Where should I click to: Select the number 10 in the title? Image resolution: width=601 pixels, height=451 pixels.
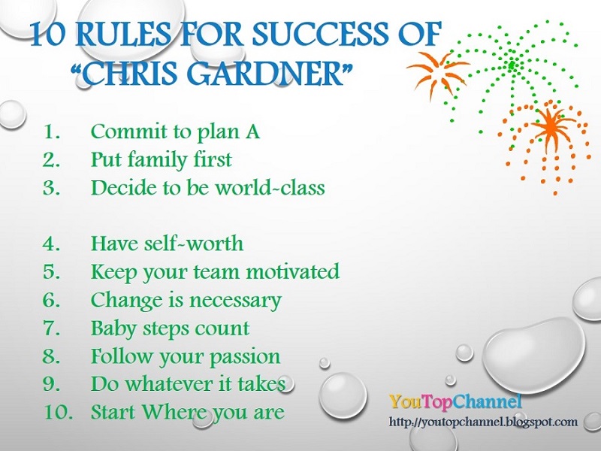click(48, 35)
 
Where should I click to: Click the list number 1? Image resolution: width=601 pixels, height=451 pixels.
click(51, 132)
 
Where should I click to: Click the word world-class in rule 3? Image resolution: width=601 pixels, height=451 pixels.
click(270, 188)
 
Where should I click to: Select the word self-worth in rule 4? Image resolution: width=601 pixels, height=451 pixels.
click(194, 243)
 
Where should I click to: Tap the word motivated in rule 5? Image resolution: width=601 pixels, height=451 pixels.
click(293, 271)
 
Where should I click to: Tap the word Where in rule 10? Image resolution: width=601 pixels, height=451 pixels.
click(175, 412)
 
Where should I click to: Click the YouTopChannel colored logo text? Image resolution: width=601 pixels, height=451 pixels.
click(455, 401)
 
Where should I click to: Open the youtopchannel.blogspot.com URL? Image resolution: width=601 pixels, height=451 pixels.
click(483, 422)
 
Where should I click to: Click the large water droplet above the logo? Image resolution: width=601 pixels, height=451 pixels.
click(534, 350)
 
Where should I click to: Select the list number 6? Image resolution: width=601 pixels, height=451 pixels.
click(51, 300)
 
